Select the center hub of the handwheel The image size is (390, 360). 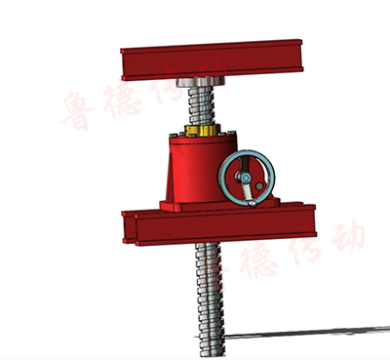[247, 180]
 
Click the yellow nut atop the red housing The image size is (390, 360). [202, 133]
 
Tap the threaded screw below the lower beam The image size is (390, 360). [209, 293]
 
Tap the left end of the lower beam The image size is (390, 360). [125, 227]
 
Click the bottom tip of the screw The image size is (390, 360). [212, 353]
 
